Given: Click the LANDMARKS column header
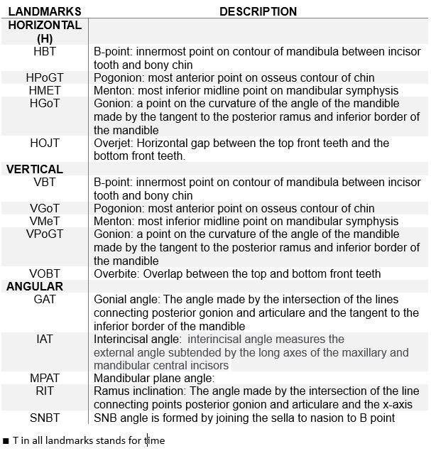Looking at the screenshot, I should point(44,11).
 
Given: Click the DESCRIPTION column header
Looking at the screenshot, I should point(258,11).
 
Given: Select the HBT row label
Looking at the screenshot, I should point(45,52).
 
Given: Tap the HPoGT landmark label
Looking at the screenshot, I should point(45,77).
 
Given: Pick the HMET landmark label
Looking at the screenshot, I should point(45,90).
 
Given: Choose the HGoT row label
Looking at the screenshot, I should point(45,104).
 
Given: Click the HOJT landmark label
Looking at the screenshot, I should point(45,143).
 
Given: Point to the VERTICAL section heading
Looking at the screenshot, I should point(35,169).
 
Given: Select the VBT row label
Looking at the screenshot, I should point(45,182).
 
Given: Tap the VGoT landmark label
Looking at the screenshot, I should point(45,208).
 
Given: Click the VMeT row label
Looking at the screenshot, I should point(45,221).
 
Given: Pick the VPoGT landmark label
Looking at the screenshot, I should point(45,234).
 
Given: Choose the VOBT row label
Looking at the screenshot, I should point(45,273).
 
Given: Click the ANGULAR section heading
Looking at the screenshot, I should point(35,286).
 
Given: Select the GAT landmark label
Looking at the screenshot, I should point(45,299).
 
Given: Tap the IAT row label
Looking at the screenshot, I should point(45,339).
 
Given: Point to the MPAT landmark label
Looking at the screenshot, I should point(45,378).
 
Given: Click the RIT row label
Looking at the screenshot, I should point(45,391).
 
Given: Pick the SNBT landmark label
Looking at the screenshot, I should point(45,418).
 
